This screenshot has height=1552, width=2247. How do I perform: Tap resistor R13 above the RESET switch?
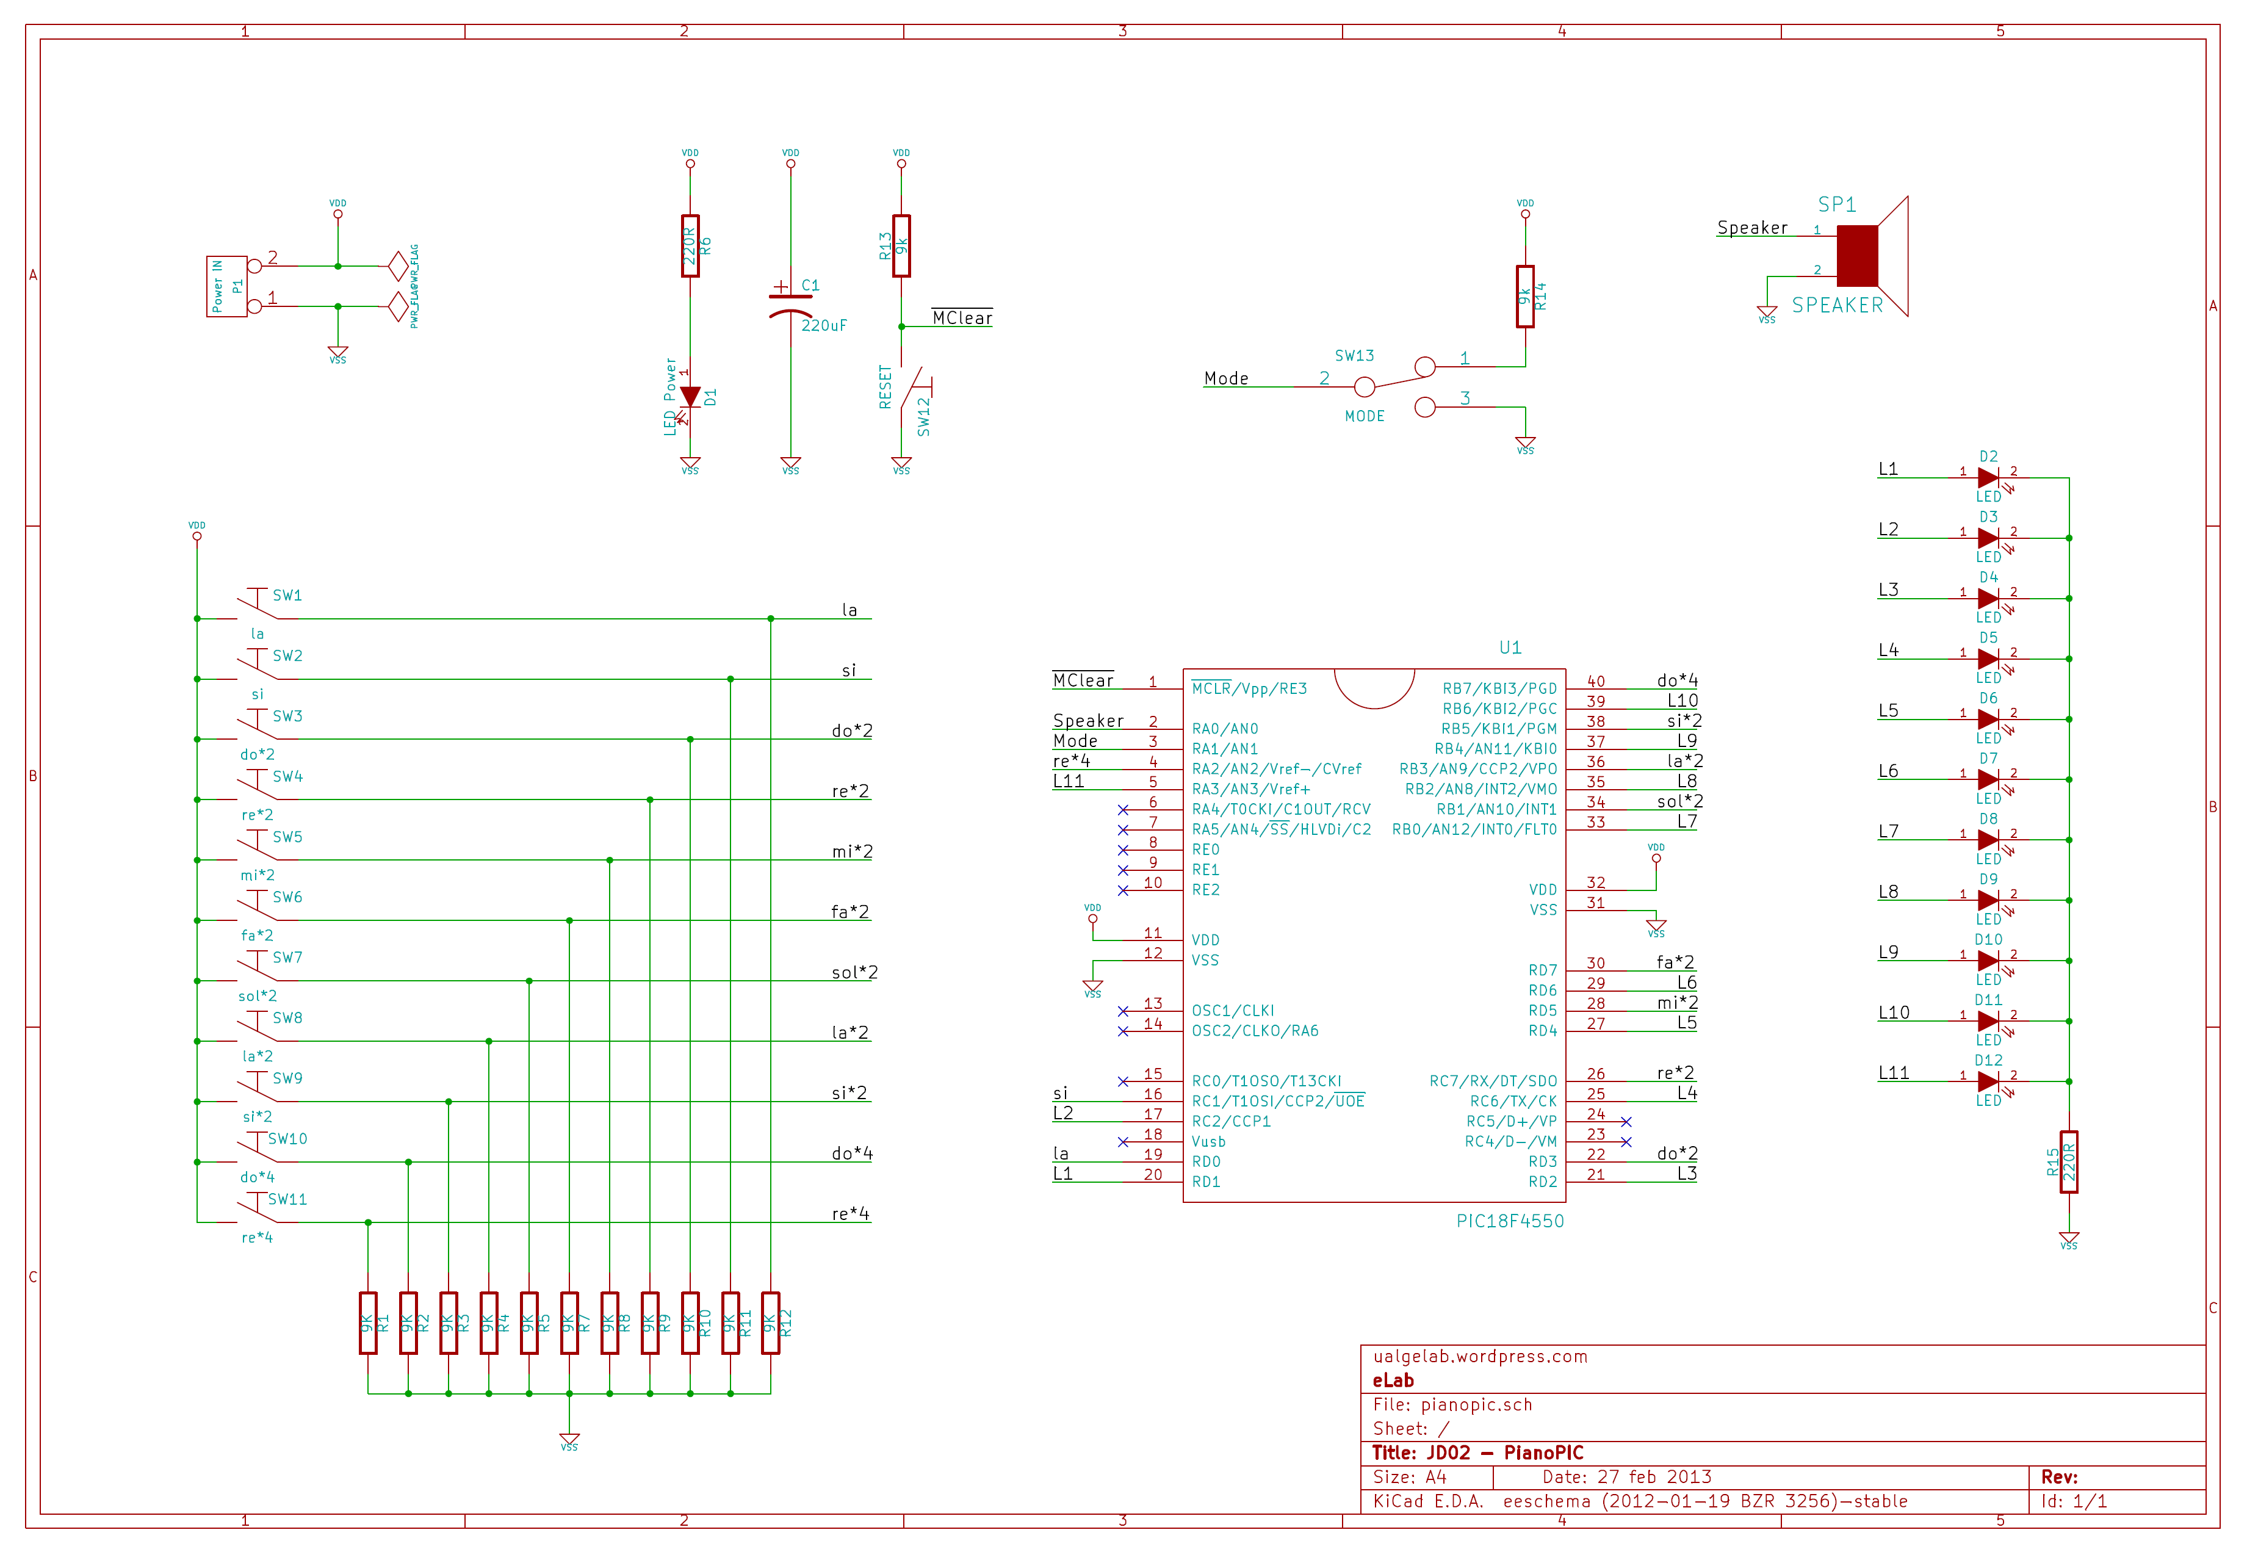pos(901,246)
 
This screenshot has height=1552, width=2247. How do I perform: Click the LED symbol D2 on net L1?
pos(1988,477)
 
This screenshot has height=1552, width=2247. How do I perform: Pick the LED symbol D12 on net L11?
pos(1988,1081)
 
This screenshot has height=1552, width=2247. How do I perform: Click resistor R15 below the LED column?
pos(2068,1162)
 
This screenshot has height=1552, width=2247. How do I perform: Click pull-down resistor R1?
pos(367,1323)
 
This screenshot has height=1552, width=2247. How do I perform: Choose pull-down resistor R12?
pos(770,1323)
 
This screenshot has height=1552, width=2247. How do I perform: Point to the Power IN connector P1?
pos(226,286)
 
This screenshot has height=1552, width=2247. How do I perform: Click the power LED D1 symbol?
pos(690,397)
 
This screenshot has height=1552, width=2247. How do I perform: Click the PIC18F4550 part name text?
pos(1509,1221)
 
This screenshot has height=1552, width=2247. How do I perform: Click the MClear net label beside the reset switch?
pos(962,318)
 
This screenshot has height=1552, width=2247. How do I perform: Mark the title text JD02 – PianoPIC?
pos(1477,1453)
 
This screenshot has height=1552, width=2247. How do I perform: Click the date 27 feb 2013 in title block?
pos(1654,1477)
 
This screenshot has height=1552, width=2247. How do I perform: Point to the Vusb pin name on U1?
pos(1208,1142)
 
